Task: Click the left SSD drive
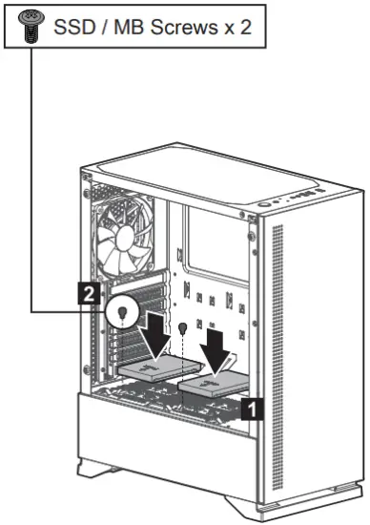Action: (157, 362)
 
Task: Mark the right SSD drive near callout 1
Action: (216, 387)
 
